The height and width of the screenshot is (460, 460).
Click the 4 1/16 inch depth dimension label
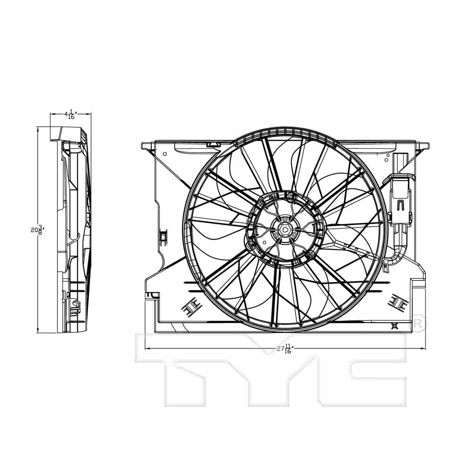[70, 115]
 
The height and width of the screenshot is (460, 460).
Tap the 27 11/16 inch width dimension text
[284, 349]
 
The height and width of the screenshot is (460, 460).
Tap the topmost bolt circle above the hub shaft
[285, 220]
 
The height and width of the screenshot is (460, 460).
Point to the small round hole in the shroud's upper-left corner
[165, 154]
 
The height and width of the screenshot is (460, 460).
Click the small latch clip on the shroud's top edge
[213, 144]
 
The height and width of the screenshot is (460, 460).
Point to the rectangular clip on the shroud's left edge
[163, 236]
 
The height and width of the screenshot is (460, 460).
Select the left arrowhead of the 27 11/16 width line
[147, 349]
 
